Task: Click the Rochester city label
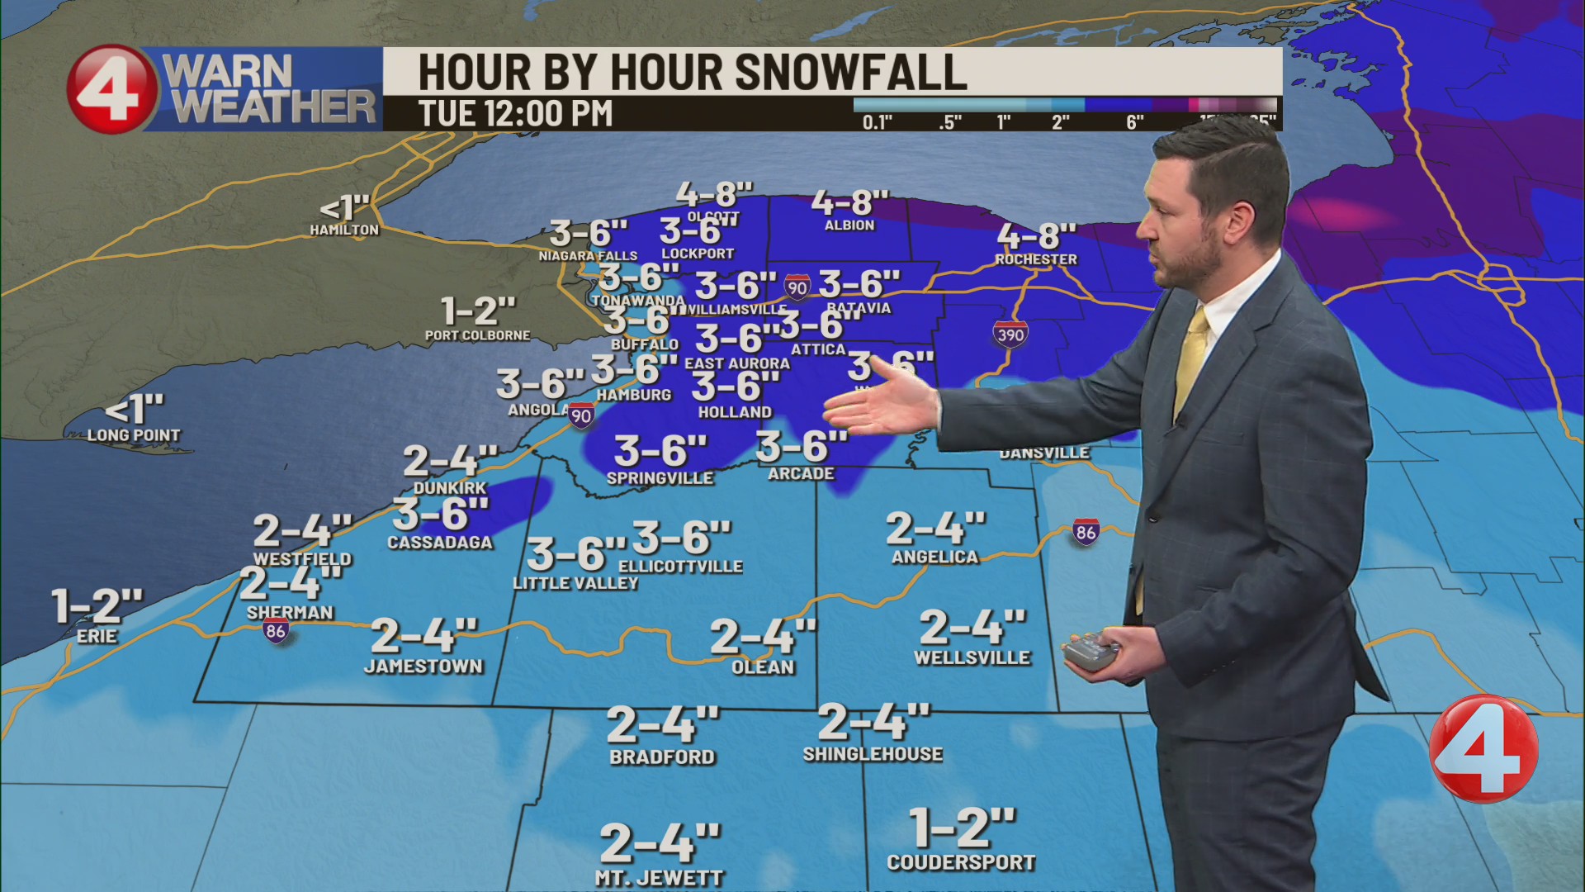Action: click(x=1036, y=259)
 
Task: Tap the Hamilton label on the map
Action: click(x=344, y=230)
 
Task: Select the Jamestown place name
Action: click(x=423, y=666)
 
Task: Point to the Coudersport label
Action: click(x=961, y=862)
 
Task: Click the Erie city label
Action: click(x=97, y=636)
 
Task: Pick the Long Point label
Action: click(x=134, y=435)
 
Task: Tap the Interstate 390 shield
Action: click(x=1010, y=334)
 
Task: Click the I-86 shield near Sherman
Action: click(x=276, y=631)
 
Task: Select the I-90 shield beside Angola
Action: click(x=581, y=415)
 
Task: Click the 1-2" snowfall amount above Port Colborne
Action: click(x=478, y=311)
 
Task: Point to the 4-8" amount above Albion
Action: click(x=849, y=202)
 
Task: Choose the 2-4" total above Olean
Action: click(x=763, y=636)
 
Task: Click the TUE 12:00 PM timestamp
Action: click(x=515, y=114)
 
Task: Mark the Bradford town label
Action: click(x=662, y=757)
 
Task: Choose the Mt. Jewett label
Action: click(x=659, y=879)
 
